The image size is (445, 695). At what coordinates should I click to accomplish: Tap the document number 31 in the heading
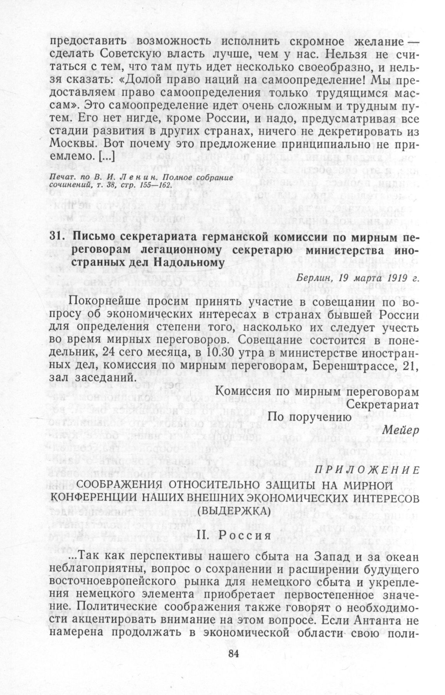point(57,236)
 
